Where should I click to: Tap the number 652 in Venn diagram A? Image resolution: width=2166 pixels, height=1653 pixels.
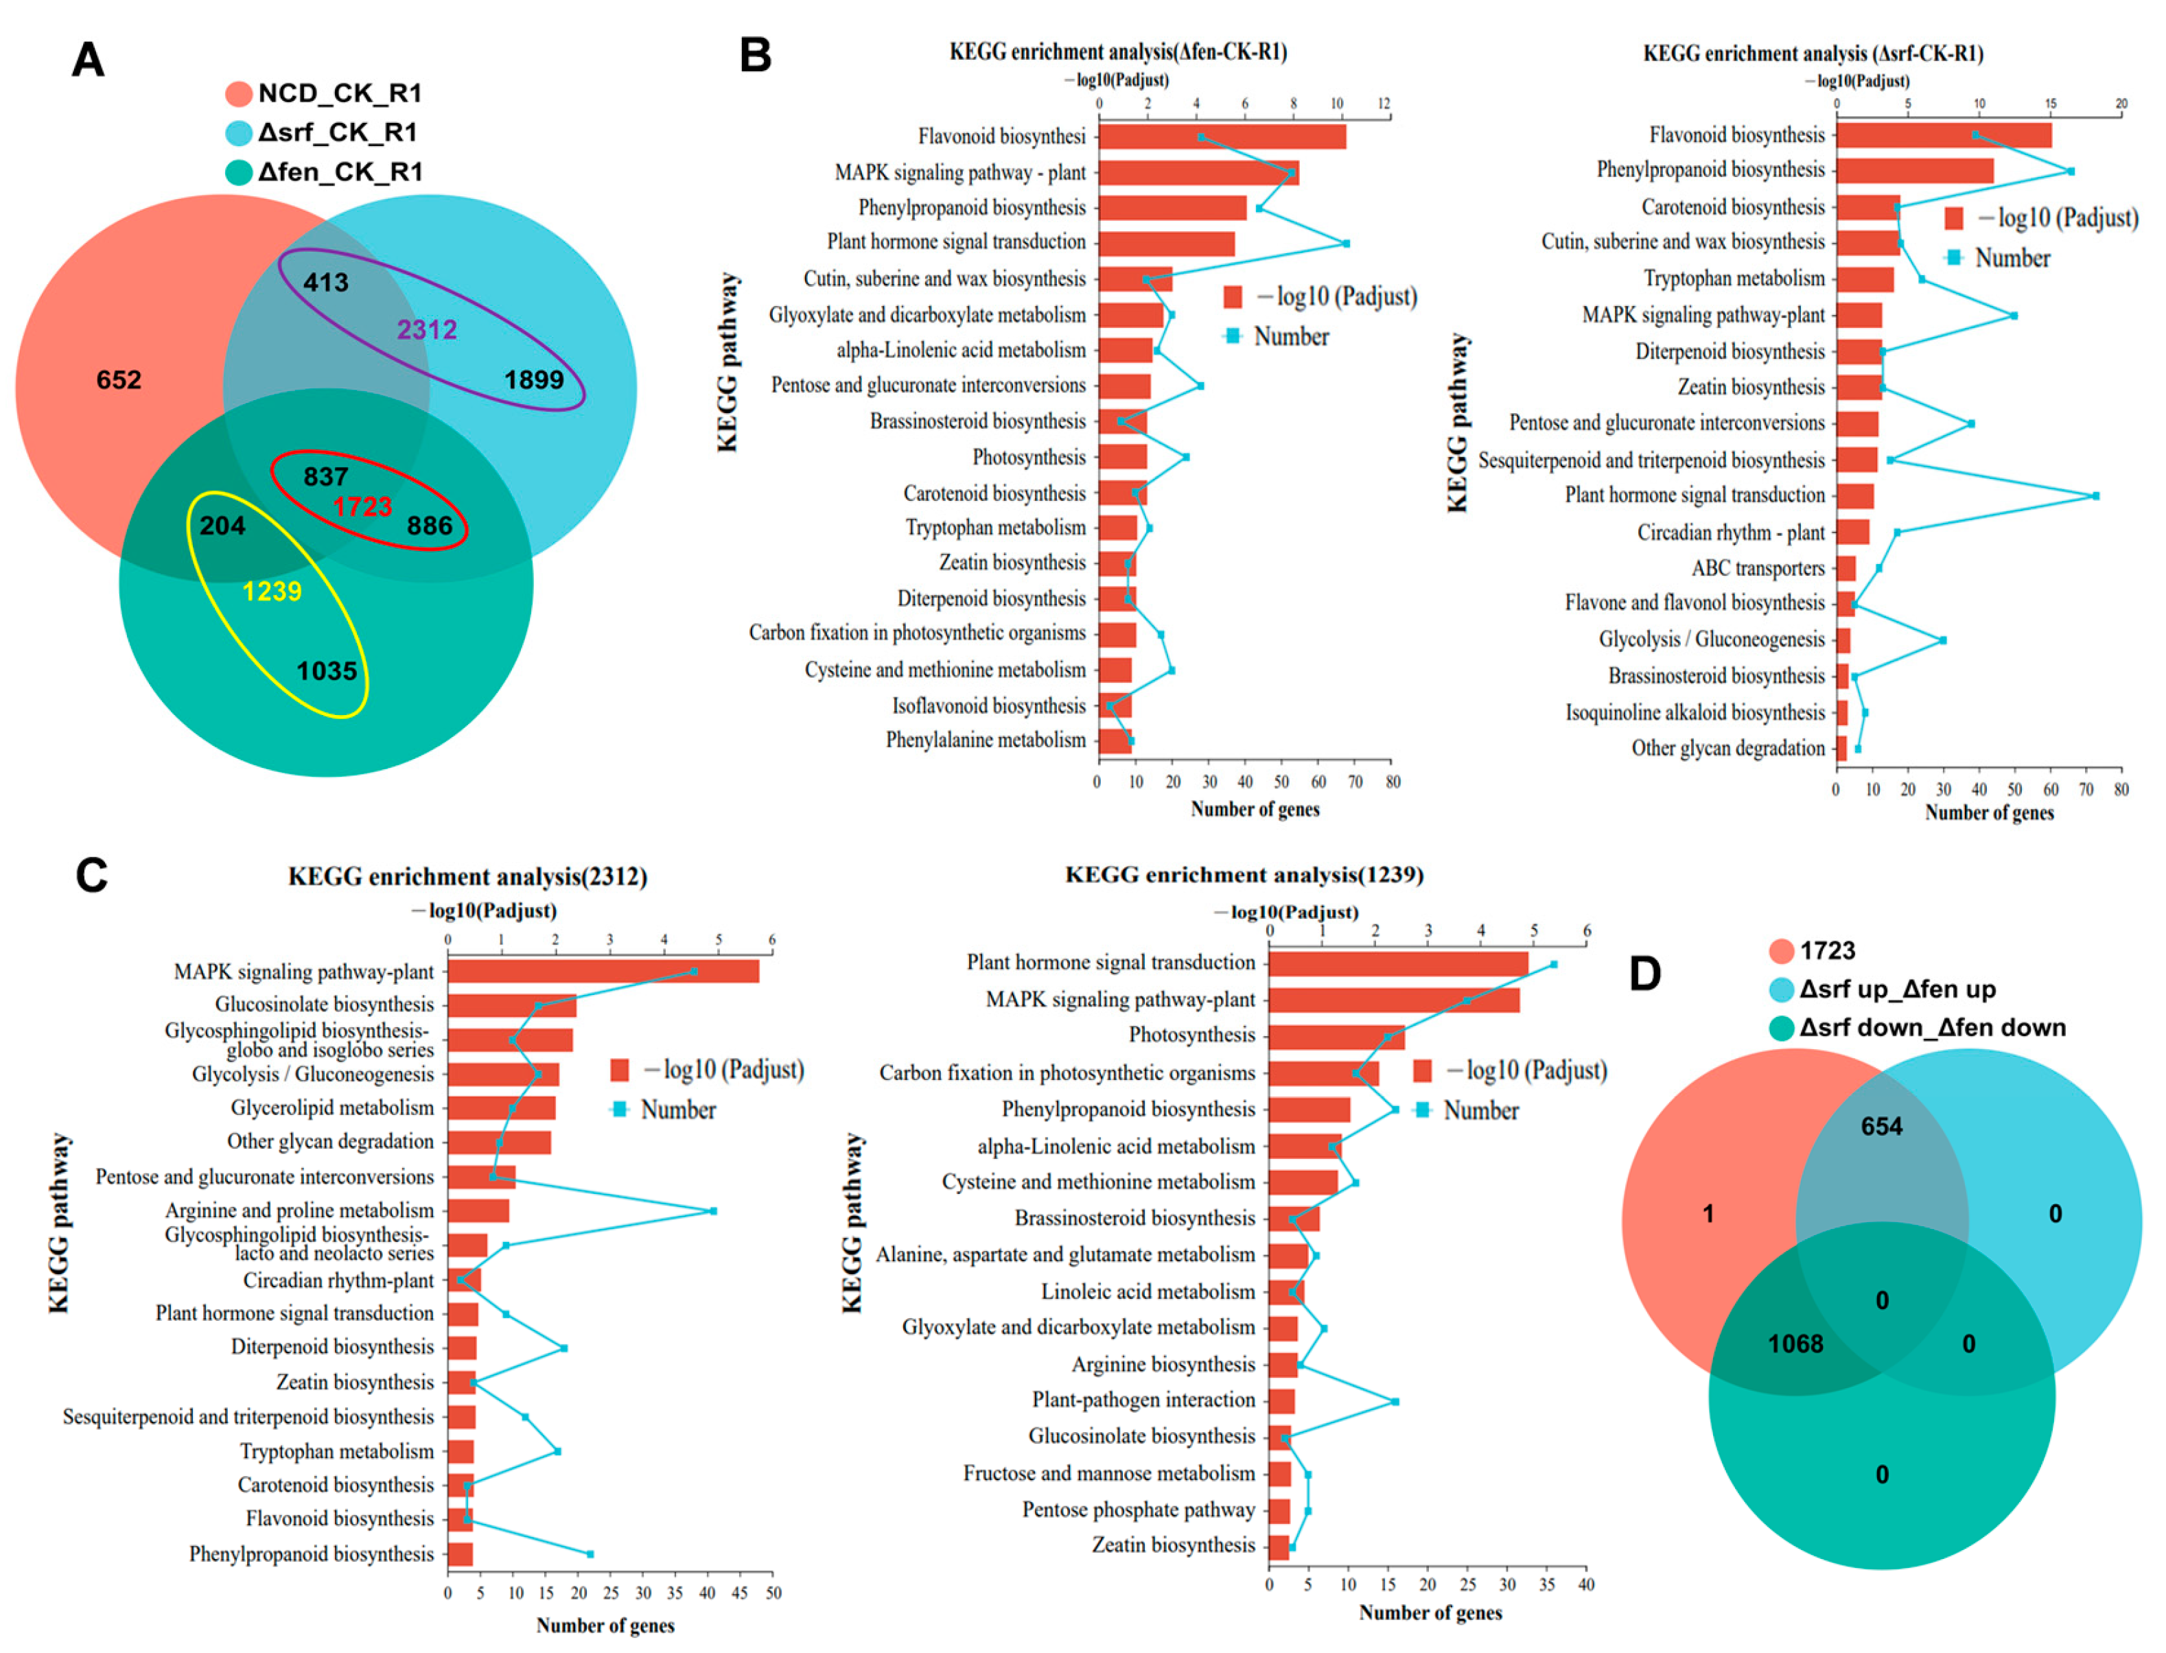pyautogui.click(x=119, y=379)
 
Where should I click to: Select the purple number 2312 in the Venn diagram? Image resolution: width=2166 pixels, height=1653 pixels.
pyautogui.click(x=426, y=329)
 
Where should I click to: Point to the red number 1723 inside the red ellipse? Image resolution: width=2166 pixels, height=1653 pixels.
pyautogui.click(x=362, y=506)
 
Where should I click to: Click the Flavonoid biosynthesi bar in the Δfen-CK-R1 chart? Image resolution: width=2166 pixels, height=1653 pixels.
pyautogui.click(x=1220, y=136)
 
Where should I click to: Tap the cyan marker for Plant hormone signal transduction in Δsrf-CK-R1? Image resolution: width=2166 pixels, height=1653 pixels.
pyautogui.click(x=2095, y=496)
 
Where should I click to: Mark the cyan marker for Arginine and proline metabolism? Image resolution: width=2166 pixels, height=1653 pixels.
pyautogui.click(x=714, y=1211)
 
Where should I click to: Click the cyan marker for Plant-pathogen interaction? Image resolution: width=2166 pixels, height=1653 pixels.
pyautogui.click(x=1395, y=1401)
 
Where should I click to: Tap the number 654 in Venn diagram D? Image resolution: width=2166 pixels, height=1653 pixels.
pyautogui.click(x=1880, y=1127)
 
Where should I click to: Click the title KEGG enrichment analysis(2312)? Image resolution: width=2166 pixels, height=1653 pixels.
pyautogui.click(x=467, y=877)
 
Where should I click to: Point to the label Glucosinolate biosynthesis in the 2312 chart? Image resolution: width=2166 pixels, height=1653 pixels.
pyautogui.click(x=324, y=1005)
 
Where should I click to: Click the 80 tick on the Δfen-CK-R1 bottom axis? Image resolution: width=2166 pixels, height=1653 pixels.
pyautogui.click(x=1393, y=782)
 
